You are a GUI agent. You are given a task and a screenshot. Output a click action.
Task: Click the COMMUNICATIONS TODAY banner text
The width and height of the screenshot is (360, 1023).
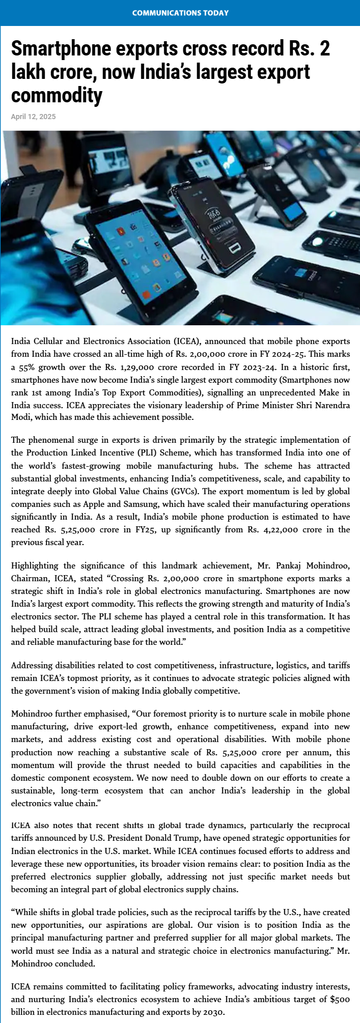[180, 13]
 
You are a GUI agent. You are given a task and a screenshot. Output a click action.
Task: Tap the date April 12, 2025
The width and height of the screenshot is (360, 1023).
[34, 117]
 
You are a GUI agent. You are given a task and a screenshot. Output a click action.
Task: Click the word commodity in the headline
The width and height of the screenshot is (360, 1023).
[57, 95]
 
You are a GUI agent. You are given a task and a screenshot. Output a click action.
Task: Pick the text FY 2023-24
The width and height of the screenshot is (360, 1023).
[248, 367]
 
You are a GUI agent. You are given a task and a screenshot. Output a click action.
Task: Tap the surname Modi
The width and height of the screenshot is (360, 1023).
[21, 417]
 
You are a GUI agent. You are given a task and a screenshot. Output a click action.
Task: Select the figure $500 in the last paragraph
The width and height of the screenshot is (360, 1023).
[340, 999]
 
